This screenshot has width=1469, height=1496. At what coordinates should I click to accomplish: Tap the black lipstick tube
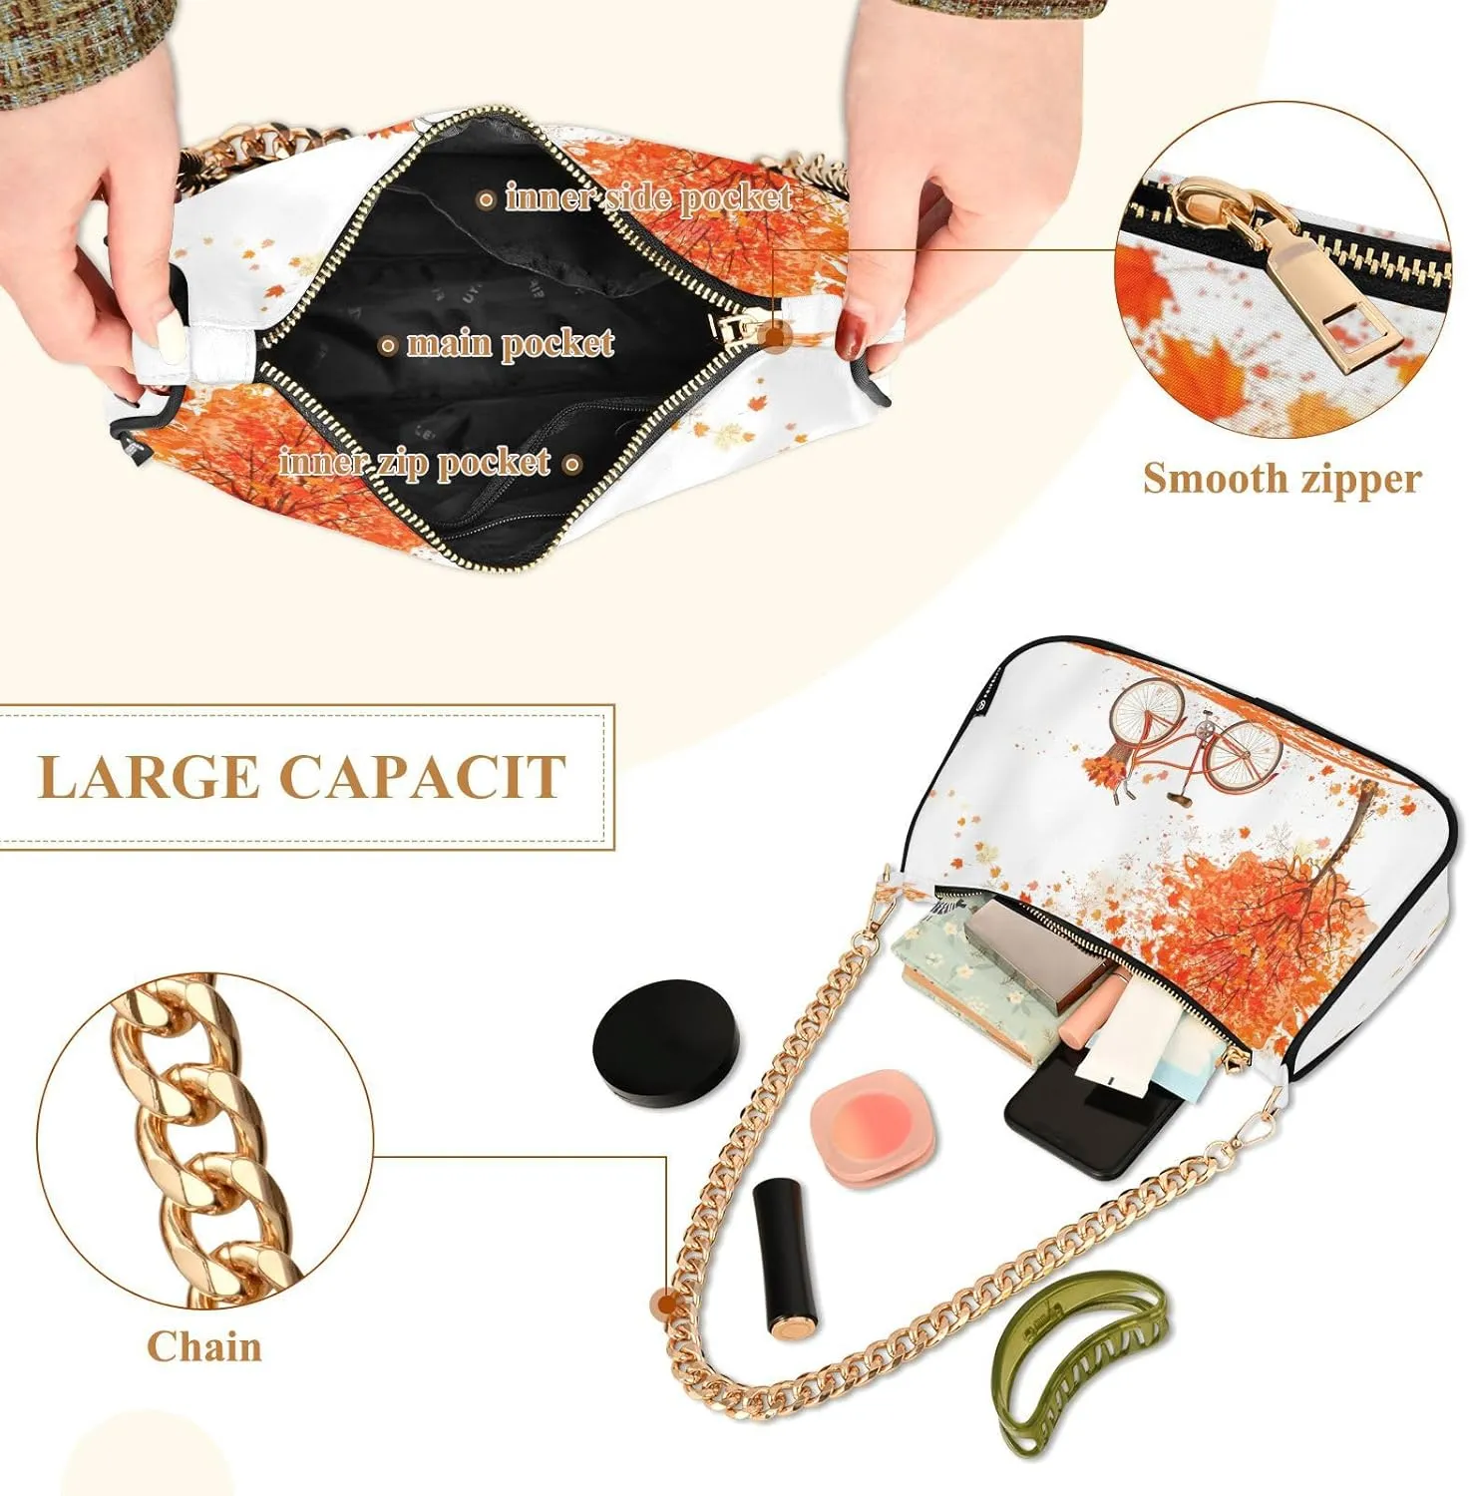pyautogui.click(x=788, y=1258)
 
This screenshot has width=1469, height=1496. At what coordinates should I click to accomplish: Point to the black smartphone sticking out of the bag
pyautogui.click(x=1087, y=1114)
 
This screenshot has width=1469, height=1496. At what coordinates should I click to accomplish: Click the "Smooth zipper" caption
pyautogui.click(x=1282, y=478)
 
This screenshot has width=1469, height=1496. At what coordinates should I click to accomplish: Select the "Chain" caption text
pyautogui.click(x=204, y=1346)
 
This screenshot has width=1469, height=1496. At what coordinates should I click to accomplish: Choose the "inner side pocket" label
pyautogui.click(x=649, y=197)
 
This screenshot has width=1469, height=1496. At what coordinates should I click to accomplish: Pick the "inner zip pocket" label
pyautogui.click(x=415, y=463)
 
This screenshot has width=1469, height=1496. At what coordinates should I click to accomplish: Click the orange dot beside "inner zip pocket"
pyautogui.click(x=572, y=464)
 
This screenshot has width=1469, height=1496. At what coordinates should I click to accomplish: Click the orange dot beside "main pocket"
pyautogui.click(x=389, y=346)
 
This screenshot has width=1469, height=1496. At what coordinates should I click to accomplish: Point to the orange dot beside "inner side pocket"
pyautogui.click(x=487, y=199)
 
